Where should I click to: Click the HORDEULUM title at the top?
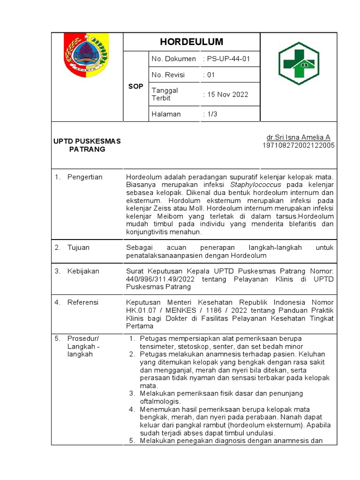point(191,42)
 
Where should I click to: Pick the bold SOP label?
point(135,87)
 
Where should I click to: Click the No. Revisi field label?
point(168,75)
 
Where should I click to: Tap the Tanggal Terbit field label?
point(165,94)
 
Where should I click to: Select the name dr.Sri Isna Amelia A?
point(298,137)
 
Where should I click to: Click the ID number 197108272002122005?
point(298,145)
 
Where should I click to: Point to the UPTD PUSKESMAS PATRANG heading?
point(87,145)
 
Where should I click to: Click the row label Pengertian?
point(85,177)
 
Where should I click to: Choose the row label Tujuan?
point(78,247)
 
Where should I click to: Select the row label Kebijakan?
point(83,271)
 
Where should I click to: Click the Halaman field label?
point(166,114)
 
